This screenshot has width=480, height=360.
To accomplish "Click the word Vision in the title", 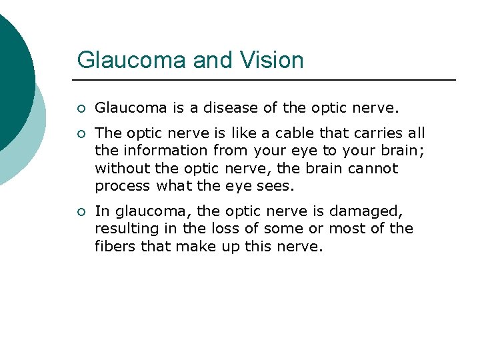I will tap(272, 60).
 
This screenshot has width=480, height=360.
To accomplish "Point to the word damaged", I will tap(369, 211).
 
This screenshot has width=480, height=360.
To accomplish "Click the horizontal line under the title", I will tap(267, 80).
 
